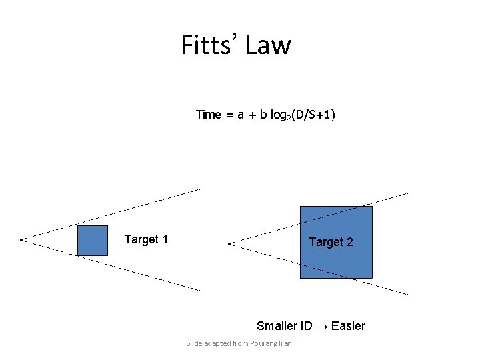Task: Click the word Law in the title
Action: pyautogui.click(x=269, y=45)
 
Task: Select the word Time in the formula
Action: pyautogui.click(x=208, y=115)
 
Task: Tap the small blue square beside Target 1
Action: pyautogui.click(x=92, y=240)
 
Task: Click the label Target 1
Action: pyautogui.click(x=146, y=239)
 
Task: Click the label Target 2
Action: pyautogui.click(x=331, y=242)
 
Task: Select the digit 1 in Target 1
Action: pyautogui.click(x=165, y=239)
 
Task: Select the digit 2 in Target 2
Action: pyautogui.click(x=349, y=242)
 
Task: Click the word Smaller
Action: pyautogui.click(x=277, y=326)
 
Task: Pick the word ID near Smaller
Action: pyautogui.click(x=306, y=326)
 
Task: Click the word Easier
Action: pyautogui.click(x=348, y=326)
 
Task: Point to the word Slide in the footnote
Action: pyautogui.click(x=194, y=343)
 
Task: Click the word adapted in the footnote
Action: pyautogui.click(x=217, y=343)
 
